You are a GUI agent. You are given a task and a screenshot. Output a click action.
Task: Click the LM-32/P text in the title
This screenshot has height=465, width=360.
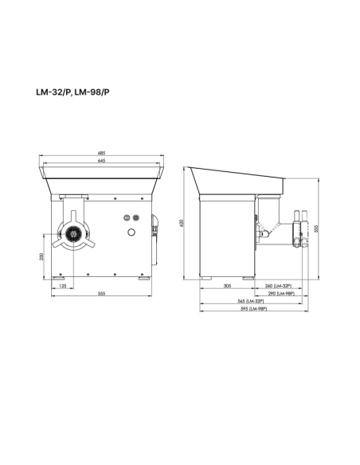click(x=52, y=92)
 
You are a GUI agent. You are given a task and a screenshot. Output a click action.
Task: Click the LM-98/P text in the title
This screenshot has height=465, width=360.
click(x=92, y=92)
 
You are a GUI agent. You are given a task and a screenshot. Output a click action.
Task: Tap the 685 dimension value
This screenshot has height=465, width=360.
click(x=102, y=153)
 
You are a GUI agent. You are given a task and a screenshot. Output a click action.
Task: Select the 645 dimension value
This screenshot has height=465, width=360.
click(x=102, y=161)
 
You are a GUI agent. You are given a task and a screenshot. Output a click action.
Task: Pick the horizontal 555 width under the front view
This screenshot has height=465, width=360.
click(x=102, y=294)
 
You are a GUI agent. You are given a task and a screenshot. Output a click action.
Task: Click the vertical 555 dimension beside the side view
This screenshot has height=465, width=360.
click(x=316, y=228)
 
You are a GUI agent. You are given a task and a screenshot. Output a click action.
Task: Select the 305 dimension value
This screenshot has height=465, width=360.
click(x=227, y=285)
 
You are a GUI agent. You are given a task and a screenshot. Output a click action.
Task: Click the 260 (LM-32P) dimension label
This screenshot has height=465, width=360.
click(x=278, y=285)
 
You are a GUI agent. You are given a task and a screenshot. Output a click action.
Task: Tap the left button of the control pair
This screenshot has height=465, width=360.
click(x=126, y=217)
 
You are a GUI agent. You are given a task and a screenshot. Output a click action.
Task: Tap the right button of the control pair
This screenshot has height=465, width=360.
click(x=135, y=217)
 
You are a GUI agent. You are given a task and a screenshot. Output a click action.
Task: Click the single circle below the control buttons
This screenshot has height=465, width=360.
click(x=131, y=231)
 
